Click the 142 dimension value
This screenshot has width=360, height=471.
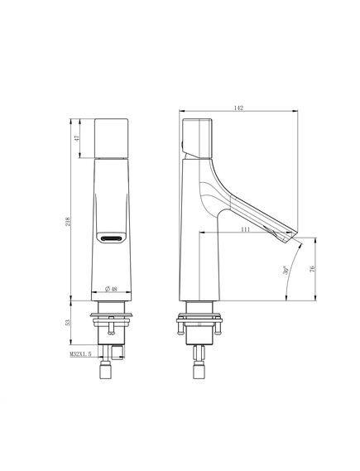pos(238,108)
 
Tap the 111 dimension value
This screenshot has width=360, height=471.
pos(245,229)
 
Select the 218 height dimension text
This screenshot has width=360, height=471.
pos(68,222)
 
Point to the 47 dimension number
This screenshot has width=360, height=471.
pos(77,138)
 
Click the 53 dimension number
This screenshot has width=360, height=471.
pos(68,323)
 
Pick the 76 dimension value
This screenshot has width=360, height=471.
pos(312,268)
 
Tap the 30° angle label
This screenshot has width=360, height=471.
pos(286,270)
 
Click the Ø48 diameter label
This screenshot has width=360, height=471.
pos(111,289)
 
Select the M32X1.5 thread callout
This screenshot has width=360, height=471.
pos(80,354)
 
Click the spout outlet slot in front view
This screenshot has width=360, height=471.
pos(112,238)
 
